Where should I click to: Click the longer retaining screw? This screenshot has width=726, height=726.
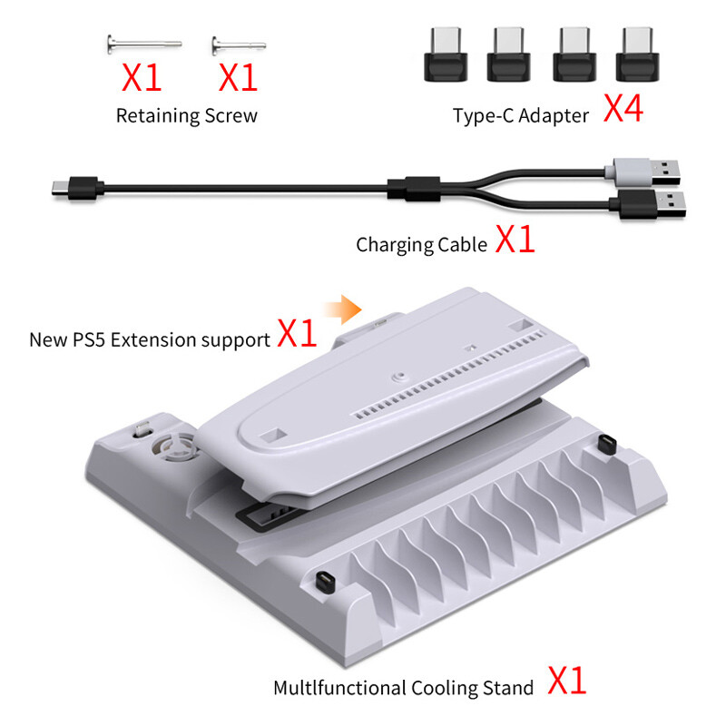144,43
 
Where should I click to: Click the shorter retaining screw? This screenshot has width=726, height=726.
238,43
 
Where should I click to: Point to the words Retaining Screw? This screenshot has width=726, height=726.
186,115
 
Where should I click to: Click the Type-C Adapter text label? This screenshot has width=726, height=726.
521,115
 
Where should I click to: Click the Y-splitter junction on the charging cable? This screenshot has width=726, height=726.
413,190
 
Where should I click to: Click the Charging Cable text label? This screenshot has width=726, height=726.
421,244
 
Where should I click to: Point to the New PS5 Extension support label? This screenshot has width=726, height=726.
150,340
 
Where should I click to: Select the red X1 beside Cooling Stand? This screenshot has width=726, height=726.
566,681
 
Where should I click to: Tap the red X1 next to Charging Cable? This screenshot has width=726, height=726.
515,240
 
